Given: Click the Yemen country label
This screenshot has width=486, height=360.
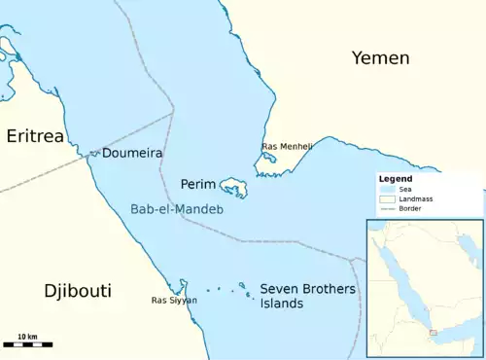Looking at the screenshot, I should coord(380,58).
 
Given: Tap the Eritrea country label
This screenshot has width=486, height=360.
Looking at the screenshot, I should coord(35,136).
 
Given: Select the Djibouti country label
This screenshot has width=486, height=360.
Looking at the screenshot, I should coord(78,290).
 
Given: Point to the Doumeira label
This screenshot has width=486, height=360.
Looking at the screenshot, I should coord(131,154).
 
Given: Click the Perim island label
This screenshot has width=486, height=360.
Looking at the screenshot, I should coord(197,183).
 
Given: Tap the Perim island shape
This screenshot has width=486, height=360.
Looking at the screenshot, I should coord(233,186).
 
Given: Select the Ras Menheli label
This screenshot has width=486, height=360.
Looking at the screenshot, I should coord(287,147).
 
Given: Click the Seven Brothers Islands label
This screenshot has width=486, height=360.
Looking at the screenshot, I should coord(295,296).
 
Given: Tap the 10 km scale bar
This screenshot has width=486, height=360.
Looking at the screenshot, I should coord(27,342).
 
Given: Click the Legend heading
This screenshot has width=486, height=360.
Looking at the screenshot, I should coord(396,179).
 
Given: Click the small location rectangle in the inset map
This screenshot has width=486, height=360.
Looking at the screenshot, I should coord(434,334).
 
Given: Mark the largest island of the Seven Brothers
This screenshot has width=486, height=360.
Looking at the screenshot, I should coord(242,286).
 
